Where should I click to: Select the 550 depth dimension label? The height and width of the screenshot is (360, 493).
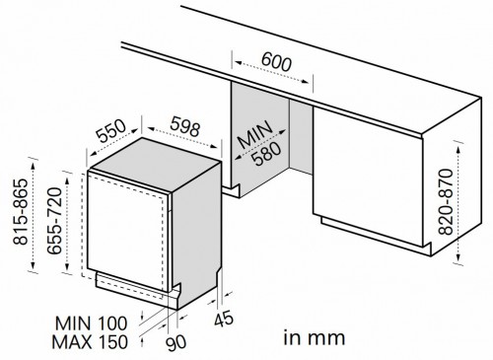(x=111, y=130)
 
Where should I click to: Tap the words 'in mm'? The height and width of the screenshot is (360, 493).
(x=314, y=338)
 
